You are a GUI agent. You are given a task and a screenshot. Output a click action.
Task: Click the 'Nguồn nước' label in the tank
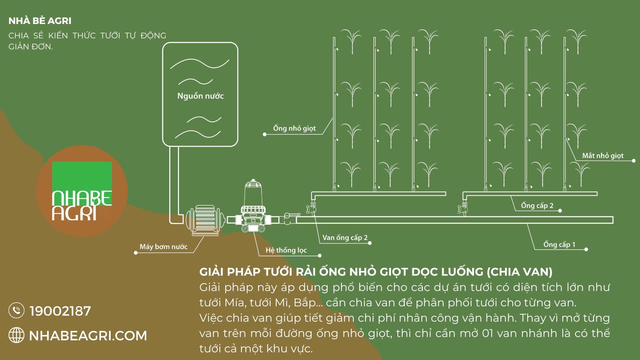coord(200,96)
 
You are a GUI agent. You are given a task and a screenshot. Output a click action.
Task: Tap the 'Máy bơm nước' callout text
coord(163,247)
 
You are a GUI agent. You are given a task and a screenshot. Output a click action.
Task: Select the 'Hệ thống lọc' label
coord(286,250)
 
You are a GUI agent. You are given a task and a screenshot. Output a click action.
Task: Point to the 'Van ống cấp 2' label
coord(345,238)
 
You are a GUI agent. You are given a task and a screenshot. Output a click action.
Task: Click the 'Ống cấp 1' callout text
coord(559,245)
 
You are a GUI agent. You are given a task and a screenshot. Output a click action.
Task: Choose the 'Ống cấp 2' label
coord(537,206)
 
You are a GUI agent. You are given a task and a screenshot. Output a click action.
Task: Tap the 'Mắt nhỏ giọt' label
coord(603,156)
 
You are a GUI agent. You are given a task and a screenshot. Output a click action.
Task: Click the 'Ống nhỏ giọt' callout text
coord(294,128)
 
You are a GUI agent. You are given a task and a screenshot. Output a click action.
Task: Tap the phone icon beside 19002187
coord(16,311)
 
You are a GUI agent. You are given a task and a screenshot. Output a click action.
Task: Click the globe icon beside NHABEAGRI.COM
coord(16,335)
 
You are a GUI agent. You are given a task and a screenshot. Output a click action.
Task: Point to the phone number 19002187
coord(60,311)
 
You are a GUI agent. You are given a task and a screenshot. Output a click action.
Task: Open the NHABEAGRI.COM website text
coord(88,336)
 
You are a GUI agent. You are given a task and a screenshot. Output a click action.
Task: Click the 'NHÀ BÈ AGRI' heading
coord(40,21)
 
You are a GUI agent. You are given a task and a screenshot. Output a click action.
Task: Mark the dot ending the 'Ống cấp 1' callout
coord(586,249)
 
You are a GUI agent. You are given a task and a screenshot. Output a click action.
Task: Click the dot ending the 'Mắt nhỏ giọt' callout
coord(634,161)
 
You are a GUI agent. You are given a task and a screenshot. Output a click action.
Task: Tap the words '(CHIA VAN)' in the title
coord(519,272)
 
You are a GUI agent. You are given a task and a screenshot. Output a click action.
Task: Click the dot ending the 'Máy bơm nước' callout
coord(136,253)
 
